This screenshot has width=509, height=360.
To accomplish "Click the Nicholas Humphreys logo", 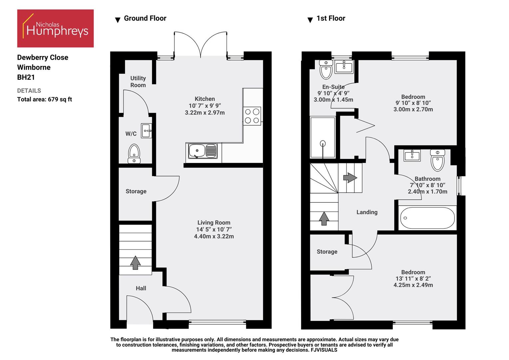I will [55, 28].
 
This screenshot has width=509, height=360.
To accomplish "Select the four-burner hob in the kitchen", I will [252, 116].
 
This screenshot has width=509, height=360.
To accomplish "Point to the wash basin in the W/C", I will [147, 131].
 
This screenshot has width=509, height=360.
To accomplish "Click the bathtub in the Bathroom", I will [427, 218].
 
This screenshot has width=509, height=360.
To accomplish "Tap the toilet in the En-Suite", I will [326, 69].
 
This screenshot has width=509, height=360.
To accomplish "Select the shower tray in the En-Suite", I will [322, 137].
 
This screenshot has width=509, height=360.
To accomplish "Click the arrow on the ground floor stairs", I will [135, 262].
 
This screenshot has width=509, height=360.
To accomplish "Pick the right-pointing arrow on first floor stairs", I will [350, 178].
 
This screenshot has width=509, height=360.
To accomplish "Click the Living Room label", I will [214, 223].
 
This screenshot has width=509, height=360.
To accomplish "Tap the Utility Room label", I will [138, 82].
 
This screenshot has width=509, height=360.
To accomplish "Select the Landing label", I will [367, 212].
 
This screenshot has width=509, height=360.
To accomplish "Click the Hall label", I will [141, 288].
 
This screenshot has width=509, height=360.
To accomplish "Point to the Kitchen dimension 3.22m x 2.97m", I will [205, 113].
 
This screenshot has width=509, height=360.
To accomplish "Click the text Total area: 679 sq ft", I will [45, 99].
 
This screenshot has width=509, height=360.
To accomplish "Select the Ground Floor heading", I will [145, 18].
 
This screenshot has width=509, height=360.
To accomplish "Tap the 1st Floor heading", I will [330, 18].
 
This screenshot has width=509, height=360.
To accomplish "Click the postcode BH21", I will [26, 77].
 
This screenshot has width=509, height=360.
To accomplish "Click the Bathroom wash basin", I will [412, 155].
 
